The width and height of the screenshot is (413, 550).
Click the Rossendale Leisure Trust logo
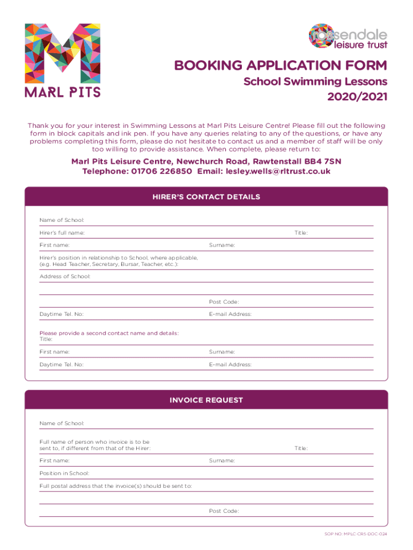348,36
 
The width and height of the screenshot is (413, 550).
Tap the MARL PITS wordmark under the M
62,92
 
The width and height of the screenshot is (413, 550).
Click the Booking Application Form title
280,66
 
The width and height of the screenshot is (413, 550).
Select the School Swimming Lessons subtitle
315,82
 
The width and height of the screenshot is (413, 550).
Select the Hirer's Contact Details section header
206,197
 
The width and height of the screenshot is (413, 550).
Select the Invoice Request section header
206,400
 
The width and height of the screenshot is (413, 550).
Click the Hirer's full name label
62,233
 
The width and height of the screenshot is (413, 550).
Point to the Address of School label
65,276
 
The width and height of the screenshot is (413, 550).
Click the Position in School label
64,474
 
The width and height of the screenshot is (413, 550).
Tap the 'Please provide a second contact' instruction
109,333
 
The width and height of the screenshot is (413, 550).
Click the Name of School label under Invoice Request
62,423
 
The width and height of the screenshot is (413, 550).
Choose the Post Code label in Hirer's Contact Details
224,302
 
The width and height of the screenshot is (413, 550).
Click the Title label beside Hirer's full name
300,233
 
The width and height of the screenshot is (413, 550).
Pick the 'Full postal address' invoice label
116,486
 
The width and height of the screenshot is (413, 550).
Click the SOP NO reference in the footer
356,534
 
